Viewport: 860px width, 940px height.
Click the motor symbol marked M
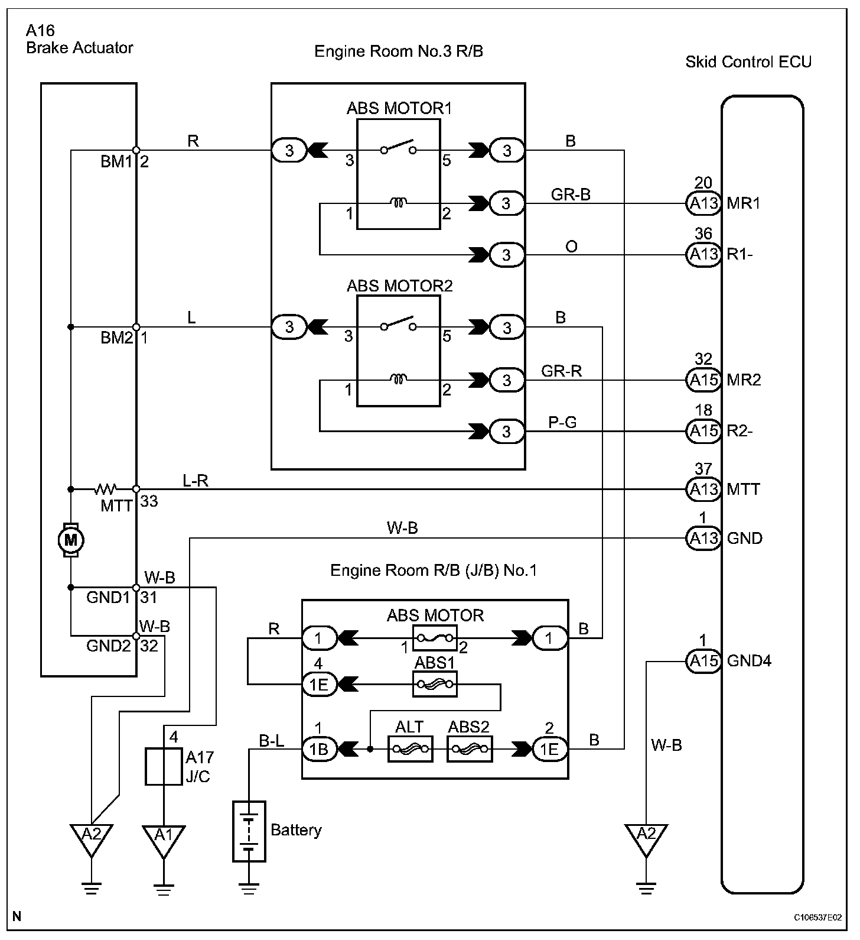[70, 539]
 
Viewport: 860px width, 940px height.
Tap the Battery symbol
[249, 831]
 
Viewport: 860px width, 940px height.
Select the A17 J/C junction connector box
[164, 767]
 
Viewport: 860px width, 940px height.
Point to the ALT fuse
[410, 749]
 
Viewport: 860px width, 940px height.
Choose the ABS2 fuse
[470, 749]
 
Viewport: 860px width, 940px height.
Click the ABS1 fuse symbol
[435, 685]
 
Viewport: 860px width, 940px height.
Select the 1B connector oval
[319, 749]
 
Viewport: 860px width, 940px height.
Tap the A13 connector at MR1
[703, 203]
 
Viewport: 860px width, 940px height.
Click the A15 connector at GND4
[703, 660]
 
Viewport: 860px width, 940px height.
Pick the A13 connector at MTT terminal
[703, 489]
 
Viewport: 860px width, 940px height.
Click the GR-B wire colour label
[571, 195]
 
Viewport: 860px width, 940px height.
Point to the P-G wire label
[562, 422]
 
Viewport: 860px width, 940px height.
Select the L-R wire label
[196, 481]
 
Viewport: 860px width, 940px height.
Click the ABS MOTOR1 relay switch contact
[398, 147]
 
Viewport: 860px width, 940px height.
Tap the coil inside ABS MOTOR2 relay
[399, 378]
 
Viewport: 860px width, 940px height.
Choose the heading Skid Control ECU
[748, 61]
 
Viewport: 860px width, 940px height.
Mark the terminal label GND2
[108, 646]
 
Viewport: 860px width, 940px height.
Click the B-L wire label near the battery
[272, 740]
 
